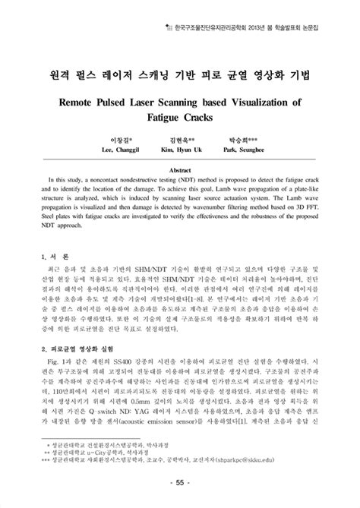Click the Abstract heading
[x=180, y=172]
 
